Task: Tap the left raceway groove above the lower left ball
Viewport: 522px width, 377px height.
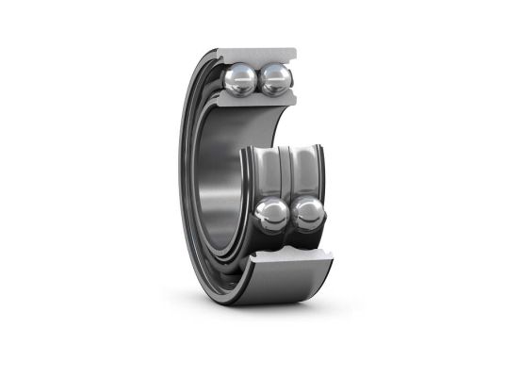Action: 269,174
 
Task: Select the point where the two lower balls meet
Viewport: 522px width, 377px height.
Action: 291,215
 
